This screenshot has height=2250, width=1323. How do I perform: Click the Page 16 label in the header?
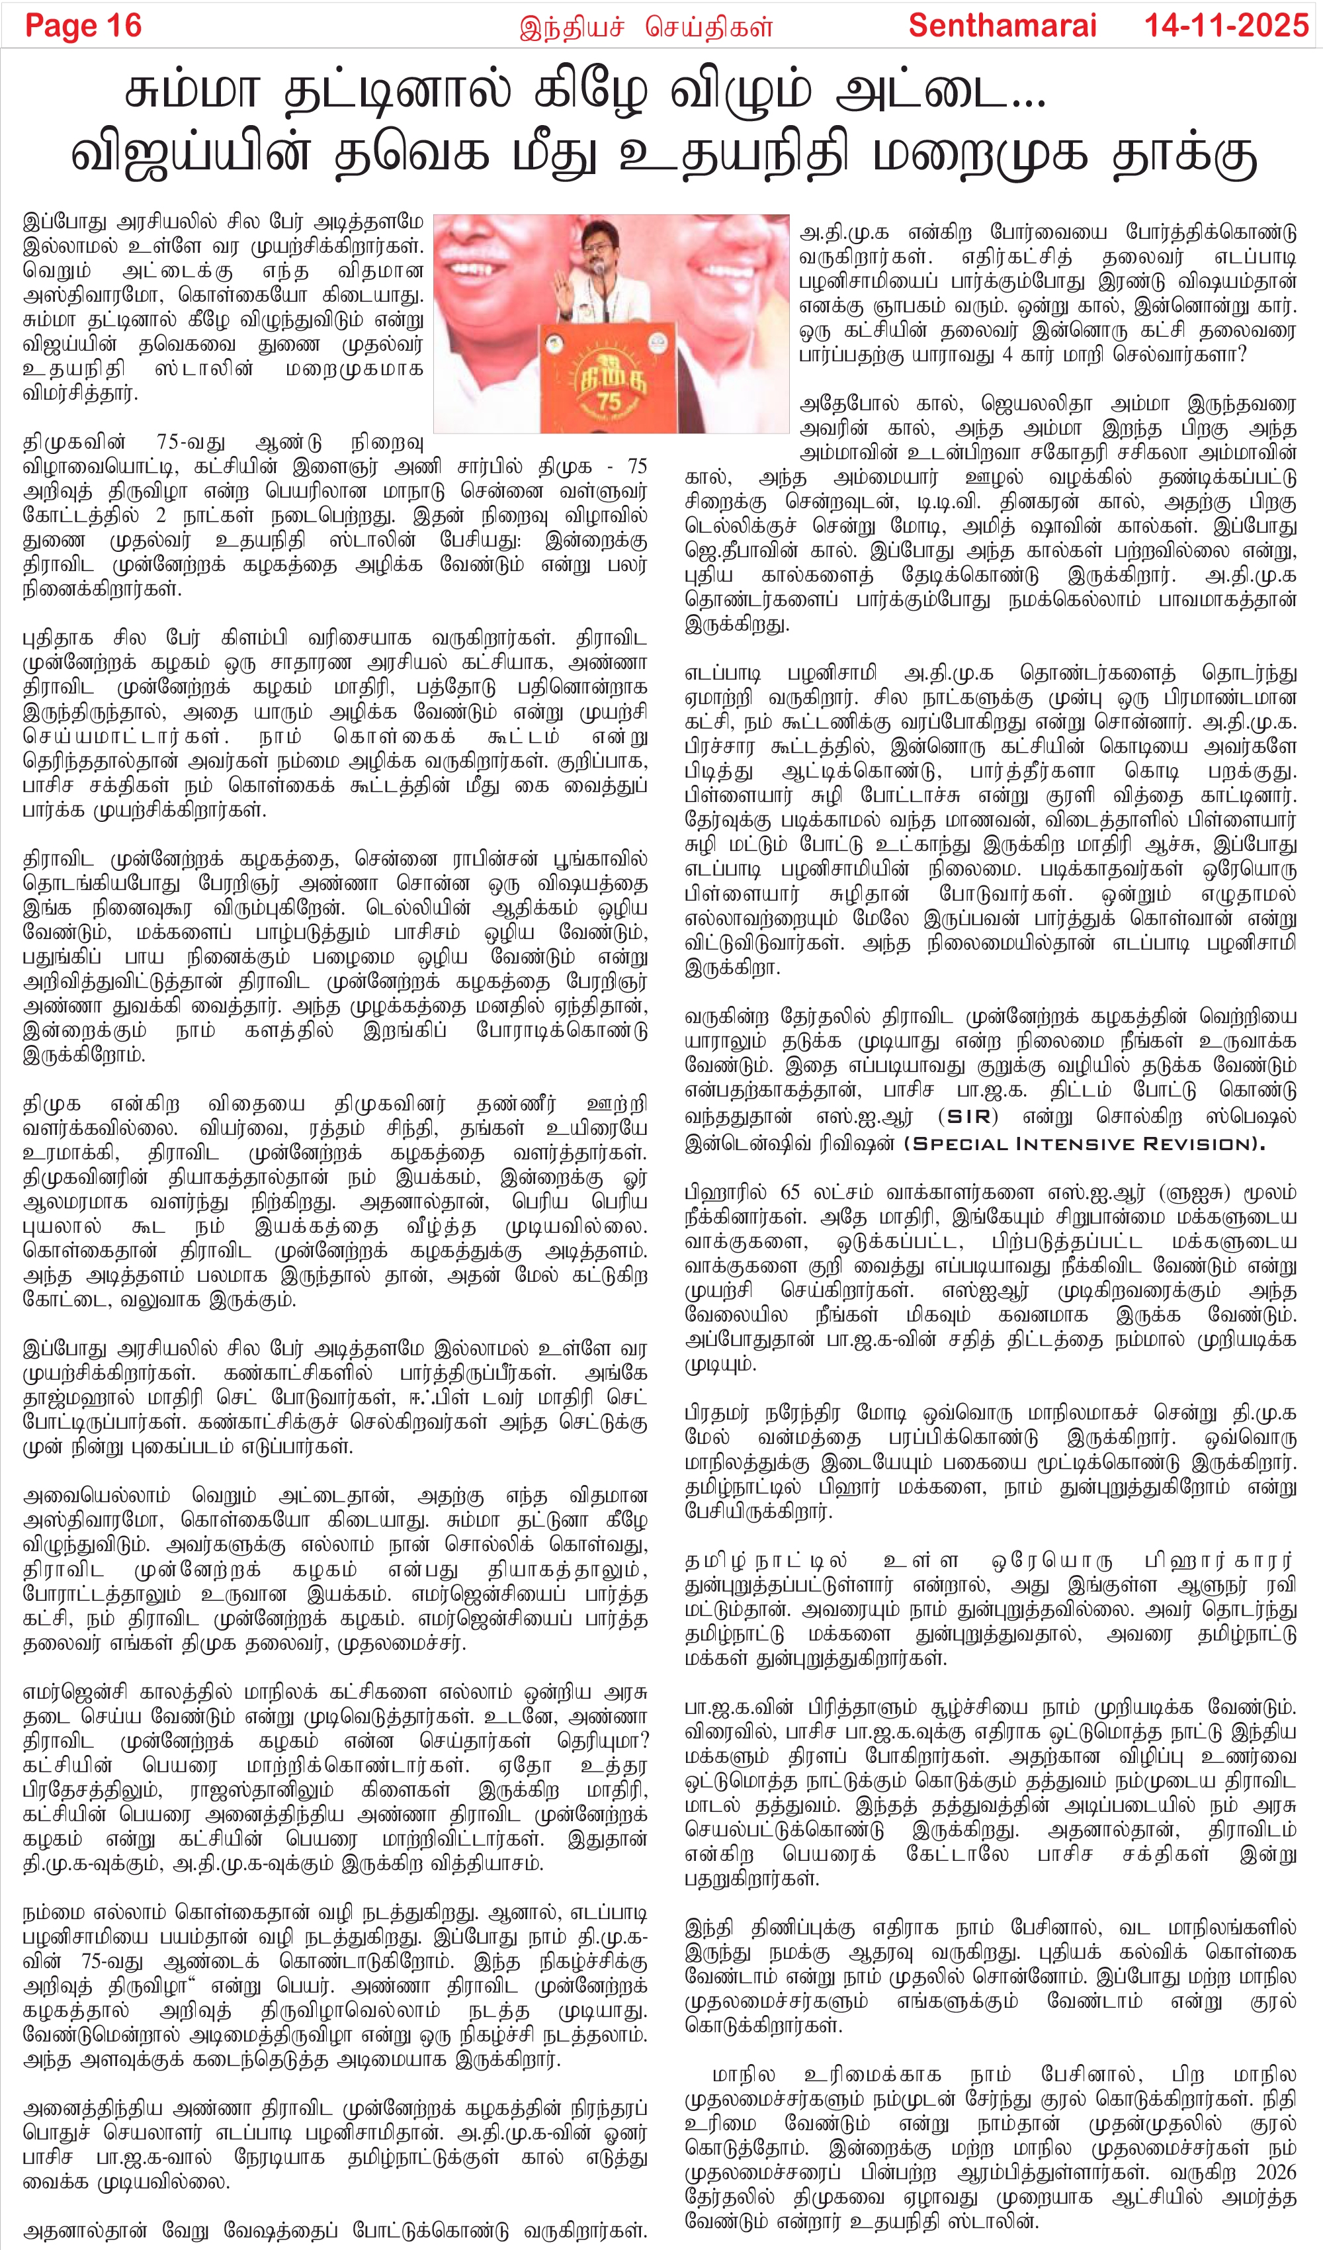click(83, 26)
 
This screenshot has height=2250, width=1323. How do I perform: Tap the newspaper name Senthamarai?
click(1002, 26)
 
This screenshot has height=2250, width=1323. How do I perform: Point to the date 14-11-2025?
click(1226, 26)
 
